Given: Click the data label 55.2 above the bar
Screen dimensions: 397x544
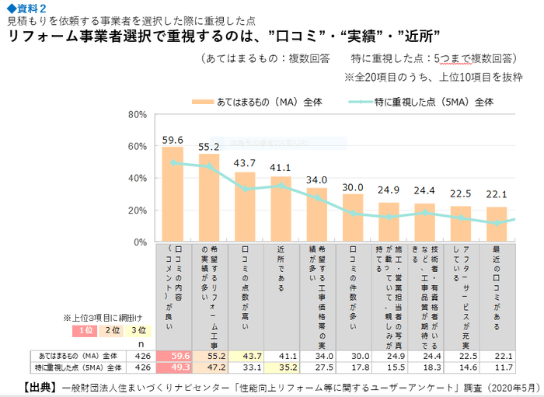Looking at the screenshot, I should pyautogui.click(x=208, y=146).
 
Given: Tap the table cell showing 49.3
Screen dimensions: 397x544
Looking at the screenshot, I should pyautogui.click(x=173, y=367).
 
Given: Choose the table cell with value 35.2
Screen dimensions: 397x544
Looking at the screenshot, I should pyautogui.click(x=281, y=367).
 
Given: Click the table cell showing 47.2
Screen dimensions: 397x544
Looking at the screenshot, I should pyautogui.click(x=208, y=367).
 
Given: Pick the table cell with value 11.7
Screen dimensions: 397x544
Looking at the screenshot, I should pyautogui.click(x=497, y=367).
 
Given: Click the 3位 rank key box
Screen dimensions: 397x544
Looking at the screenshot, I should pyautogui.click(x=137, y=331).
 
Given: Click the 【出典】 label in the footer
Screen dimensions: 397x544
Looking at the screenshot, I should pyautogui.click(x=37, y=386).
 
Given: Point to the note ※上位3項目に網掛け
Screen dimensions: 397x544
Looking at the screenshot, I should pyautogui.click(x=101, y=319).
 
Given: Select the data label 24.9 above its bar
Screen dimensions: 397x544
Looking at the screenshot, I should pyautogui.click(x=389, y=190).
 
